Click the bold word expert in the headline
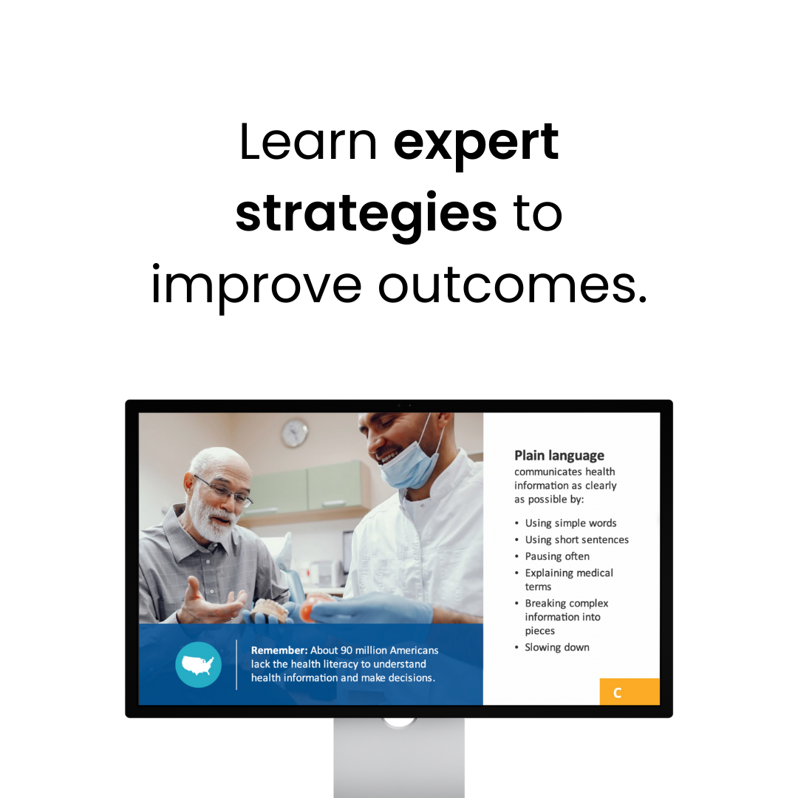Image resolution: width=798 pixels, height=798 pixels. click(x=476, y=143)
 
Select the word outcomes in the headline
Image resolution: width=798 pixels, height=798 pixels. click(x=513, y=285)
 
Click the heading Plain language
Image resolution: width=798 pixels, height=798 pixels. click(x=559, y=455)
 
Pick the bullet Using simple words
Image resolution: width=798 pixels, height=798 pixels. click(x=570, y=523)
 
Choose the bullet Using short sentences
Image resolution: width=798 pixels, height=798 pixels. click(x=576, y=539)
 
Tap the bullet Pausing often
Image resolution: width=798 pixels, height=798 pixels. click(x=557, y=556)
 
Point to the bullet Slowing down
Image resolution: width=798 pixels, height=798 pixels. click(x=557, y=647)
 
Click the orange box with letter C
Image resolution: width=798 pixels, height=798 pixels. click(x=630, y=692)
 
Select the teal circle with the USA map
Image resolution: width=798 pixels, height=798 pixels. click(x=199, y=665)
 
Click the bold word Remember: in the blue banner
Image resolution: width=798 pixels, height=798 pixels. click(x=279, y=650)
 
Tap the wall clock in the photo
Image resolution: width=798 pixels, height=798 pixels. click(x=295, y=433)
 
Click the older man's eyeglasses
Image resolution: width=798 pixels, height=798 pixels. click(x=224, y=491)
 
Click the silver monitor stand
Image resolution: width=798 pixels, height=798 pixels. click(x=399, y=757)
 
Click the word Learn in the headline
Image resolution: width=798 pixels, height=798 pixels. click(x=308, y=143)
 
